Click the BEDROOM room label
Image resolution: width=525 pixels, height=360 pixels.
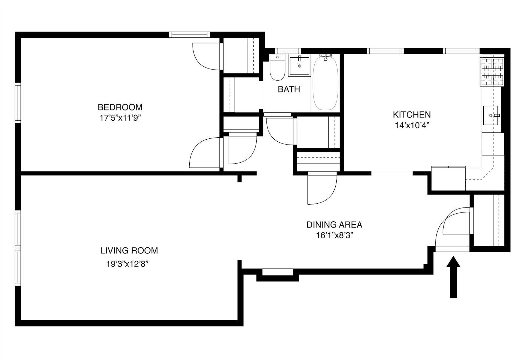click(x=120, y=107)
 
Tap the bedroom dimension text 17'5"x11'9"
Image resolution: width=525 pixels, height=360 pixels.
click(x=120, y=118)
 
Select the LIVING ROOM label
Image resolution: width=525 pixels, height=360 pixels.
click(x=129, y=251)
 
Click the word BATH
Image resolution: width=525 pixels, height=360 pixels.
click(x=289, y=89)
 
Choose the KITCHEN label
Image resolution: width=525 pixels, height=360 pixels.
click(x=412, y=115)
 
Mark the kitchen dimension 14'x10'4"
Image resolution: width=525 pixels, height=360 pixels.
click(x=411, y=125)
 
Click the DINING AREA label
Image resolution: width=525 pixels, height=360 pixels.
click(x=334, y=225)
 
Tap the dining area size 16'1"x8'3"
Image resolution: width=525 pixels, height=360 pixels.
click(x=334, y=235)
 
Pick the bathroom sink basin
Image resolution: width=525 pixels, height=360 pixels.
click(x=299, y=66)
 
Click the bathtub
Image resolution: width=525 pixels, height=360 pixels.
click(x=325, y=84)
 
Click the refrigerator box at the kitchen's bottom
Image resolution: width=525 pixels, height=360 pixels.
click(x=448, y=178)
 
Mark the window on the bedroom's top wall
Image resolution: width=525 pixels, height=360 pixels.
click(x=189, y=34)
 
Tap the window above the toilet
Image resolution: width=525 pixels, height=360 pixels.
click(x=288, y=51)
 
